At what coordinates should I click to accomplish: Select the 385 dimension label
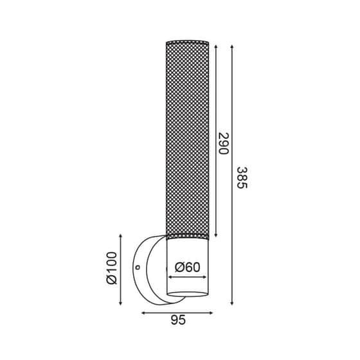pyautogui.click(x=242, y=177)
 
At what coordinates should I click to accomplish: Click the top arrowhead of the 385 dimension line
pyautogui.click(x=231, y=45)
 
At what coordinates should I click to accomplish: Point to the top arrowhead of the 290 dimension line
pyautogui.click(x=215, y=46)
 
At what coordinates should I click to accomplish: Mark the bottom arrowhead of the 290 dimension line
pyautogui.click(x=215, y=235)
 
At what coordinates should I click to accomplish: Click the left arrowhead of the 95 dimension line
pyautogui.click(x=143, y=314)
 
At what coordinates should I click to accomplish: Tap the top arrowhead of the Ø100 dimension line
pyautogui.click(x=122, y=236)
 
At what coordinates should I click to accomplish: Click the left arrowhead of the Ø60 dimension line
pyautogui.click(x=170, y=277)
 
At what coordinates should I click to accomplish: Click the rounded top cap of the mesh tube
pyautogui.click(x=187, y=42)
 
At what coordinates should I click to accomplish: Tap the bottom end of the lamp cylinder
pyautogui.click(x=187, y=298)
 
